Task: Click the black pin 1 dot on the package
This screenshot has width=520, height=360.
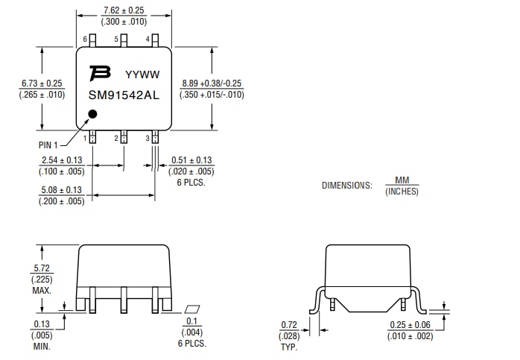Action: [x=92, y=114]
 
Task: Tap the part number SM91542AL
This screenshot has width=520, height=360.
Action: [x=124, y=95]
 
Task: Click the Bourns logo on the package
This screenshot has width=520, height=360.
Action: [x=99, y=73]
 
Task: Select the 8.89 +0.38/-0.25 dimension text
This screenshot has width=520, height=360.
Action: [x=212, y=83]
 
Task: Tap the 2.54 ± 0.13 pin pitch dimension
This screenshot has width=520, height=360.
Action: [x=62, y=160]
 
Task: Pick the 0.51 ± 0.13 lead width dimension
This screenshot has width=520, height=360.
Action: [x=191, y=160]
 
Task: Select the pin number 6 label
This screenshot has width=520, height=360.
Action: [x=86, y=39]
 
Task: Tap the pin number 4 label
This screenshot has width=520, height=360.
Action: [x=148, y=39]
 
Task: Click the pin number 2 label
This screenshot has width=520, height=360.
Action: [x=116, y=138]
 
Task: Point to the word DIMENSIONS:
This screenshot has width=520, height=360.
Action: [x=346, y=186]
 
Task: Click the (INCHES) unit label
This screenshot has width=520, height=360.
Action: [x=402, y=192]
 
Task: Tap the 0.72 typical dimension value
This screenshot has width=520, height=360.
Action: [x=289, y=325]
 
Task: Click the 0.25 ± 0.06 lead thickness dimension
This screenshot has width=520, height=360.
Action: [x=409, y=325]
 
